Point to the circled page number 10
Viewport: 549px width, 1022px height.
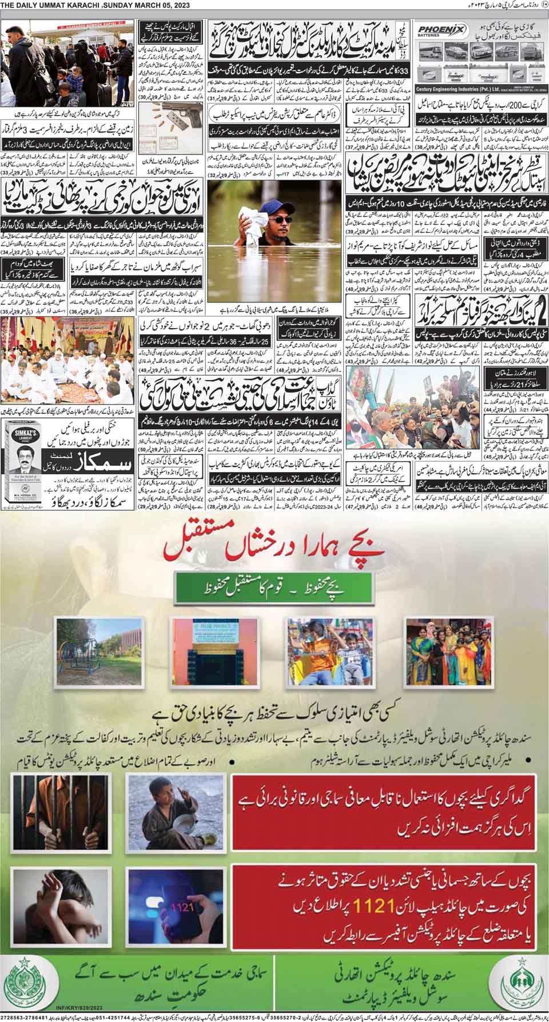[x=543, y=6]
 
